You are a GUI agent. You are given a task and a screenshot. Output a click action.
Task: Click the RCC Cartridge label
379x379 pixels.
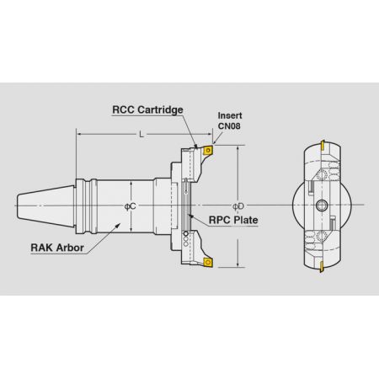[147, 109]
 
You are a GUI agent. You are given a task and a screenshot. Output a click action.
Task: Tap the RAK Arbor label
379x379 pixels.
[57, 248]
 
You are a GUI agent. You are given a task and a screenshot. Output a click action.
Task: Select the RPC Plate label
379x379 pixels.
[233, 220]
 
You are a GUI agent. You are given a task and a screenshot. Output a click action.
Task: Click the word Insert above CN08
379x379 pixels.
[230, 115]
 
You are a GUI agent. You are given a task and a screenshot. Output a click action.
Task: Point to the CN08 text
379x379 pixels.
[229, 125]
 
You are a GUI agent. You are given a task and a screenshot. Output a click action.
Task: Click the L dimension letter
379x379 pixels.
[141, 135]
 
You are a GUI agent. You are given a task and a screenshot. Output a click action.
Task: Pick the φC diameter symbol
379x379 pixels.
[130, 206]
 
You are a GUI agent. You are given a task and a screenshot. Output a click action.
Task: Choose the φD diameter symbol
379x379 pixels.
[238, 206]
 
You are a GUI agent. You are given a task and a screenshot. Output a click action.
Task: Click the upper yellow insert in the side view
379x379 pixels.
[208, 150]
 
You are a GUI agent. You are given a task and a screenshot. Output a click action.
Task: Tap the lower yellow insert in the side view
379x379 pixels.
[207, 262]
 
